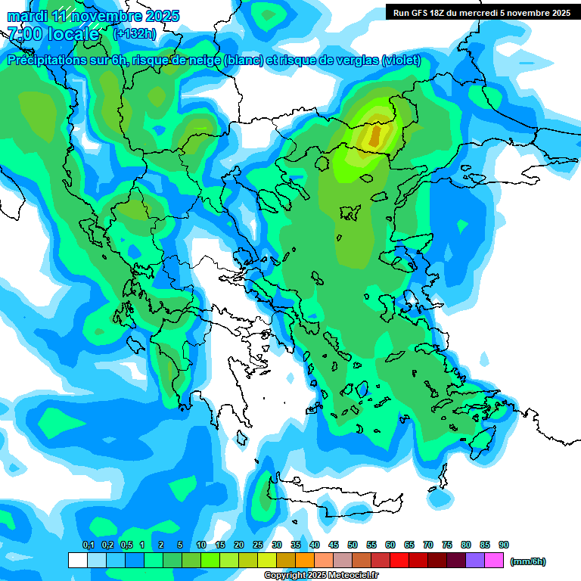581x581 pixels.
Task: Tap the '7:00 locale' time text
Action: point(53,34)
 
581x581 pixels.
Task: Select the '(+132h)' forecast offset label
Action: point(135,33)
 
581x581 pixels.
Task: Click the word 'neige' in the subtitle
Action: point(203,61)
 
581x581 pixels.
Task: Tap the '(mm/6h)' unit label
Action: point(528,561)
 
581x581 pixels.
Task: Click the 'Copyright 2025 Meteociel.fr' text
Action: point(321,576)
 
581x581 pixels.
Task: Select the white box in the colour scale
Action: point(77,561)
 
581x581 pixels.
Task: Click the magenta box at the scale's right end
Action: point(494,561)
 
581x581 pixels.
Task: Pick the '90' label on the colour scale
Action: point(504,545)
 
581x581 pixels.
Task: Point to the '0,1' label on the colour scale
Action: point(88,545)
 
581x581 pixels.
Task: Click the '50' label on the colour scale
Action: point(353,545)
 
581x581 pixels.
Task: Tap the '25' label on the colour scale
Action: point(258,545)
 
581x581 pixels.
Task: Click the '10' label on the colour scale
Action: point(201,545)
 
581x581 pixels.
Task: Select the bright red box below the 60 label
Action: point(399,561)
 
